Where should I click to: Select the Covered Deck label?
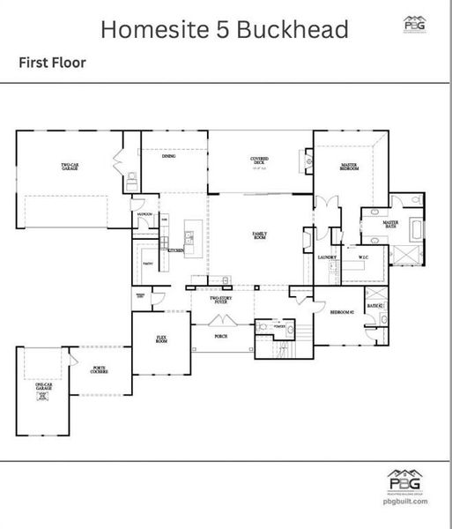(x=259, y=160)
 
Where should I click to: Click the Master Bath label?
(x=390, y=225)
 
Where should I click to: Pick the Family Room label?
(x=260, y=235)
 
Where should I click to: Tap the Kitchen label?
(x=174, y=250)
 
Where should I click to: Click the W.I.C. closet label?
(x=362, y=257)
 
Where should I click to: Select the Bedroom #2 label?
(x=341, y=313)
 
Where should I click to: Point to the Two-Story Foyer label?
(x=220, y=300)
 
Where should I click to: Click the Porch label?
(x=221, y=336)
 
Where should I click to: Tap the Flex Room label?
(x=162, y=339)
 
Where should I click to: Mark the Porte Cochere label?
(x=99, y=372)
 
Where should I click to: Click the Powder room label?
(x=278, y=325)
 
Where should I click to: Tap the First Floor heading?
(x=52, y=63)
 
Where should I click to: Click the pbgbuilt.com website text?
(x=405, y=501)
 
